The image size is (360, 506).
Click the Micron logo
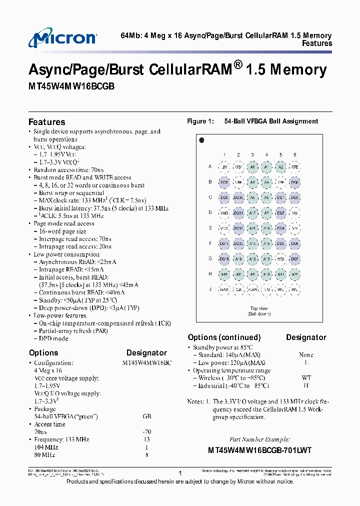[62, 39]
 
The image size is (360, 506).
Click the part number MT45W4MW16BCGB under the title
[71, 86]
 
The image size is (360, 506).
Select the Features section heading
[46, 122]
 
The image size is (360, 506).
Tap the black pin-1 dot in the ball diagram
[201, 140]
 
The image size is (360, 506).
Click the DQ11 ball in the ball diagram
[238, 213]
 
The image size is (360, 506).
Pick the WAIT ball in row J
[224, 289]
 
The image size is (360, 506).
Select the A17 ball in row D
[252, 213]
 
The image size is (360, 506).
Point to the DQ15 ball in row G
[224, 258]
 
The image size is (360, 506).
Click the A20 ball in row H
[295, 274]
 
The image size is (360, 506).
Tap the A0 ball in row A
[252, 167]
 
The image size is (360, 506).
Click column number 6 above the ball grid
[295, 154]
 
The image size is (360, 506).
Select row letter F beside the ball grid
[210, 243]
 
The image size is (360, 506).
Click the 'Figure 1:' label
[200, 121]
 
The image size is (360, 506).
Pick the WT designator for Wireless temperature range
[306, 378]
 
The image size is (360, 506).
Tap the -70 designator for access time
[146, 432]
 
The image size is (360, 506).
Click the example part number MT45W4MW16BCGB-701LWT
[259, 450]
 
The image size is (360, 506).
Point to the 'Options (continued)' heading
[224, 337]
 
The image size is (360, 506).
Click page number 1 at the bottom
[179, 472]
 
